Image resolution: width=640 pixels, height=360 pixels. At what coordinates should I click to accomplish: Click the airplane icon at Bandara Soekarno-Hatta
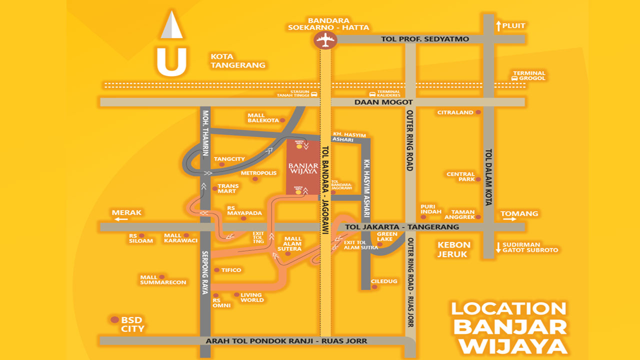click(325, 39)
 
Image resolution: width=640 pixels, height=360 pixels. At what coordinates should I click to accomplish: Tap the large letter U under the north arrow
click(171, 61)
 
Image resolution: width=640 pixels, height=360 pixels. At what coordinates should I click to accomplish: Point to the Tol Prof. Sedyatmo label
click(425, 39)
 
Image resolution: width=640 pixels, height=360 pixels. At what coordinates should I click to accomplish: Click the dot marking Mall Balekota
click(282, 120)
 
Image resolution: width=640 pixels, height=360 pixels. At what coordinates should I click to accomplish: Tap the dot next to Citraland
click(478, 112)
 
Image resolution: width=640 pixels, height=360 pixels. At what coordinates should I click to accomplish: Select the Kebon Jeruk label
click(454, 249)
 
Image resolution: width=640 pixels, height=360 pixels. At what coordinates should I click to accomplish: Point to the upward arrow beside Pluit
click(498, 25)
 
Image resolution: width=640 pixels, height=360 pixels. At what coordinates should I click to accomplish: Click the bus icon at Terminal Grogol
click(514, 78)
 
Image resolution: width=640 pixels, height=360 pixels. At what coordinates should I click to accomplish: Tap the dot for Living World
click(236, 295)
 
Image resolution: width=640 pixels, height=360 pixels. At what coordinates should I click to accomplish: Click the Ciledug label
click(384, 281)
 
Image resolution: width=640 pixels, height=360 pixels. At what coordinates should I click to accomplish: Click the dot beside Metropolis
click(255, 178)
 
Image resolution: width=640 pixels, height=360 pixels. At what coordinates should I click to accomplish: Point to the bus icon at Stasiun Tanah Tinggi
click(314, 94)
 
